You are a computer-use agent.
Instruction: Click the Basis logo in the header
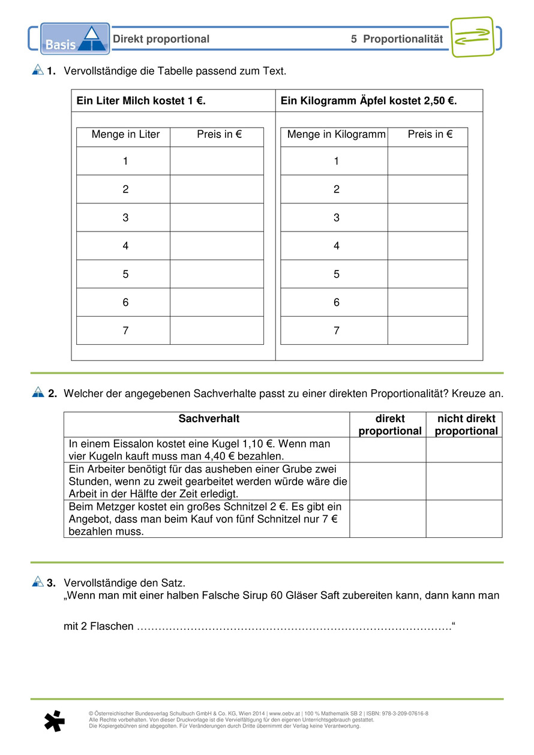point(75,39)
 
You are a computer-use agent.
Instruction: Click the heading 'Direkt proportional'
point(161,40)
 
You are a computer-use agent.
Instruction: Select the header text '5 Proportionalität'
point(397,40)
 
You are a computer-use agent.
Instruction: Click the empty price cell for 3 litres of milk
point(217,217)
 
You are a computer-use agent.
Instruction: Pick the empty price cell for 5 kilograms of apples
point(427,274)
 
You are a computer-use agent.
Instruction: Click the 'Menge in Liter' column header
point(125,135)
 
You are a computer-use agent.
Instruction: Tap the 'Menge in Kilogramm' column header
point(336,135)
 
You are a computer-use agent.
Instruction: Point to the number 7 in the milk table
point(125,330)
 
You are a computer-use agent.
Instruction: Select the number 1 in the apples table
point(336,161)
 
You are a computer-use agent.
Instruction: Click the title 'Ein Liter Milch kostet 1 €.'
point(141,101)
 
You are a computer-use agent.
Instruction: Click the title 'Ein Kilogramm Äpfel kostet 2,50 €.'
point(368,101)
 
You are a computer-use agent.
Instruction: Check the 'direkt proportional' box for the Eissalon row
point(388,450)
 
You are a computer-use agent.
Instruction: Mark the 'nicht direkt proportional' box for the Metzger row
point(464,519)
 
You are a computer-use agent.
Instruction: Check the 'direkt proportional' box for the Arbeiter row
point(388,481)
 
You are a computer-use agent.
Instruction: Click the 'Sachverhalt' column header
point(209,419)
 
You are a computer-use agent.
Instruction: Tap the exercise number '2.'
point(52,394)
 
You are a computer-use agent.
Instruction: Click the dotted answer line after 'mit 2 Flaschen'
point(294,627)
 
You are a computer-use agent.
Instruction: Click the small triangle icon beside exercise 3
point(38,581)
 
